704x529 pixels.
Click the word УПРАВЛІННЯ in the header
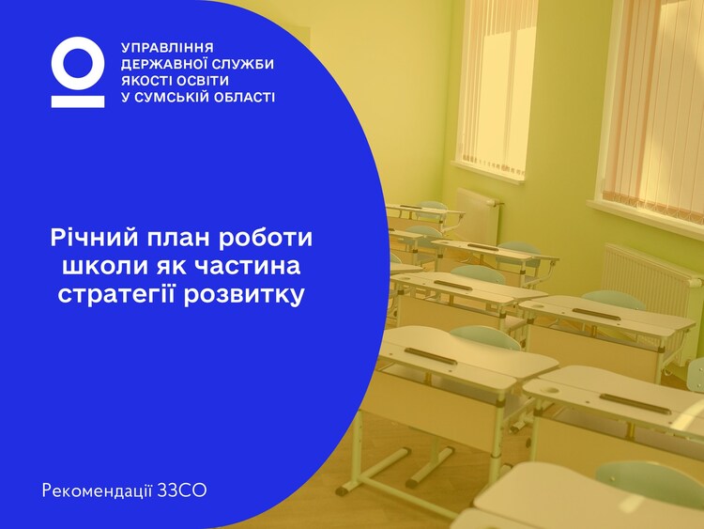(x=167, y=48)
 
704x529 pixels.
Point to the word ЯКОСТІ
(x=146, y=81)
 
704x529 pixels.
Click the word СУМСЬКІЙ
(x=171, y=97)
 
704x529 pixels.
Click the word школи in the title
(x=102, y=266)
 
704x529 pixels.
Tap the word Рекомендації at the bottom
(x=98, y=490)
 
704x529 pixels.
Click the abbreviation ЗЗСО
(x=182, y=490)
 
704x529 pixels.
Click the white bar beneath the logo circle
(x=78, y=101)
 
